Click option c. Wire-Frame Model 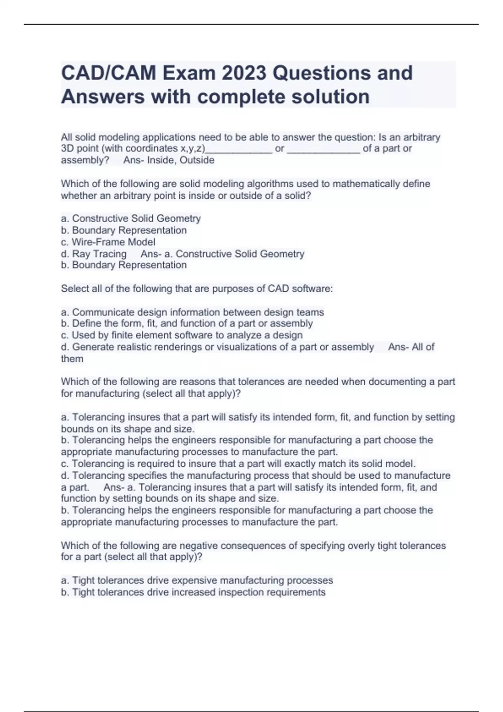[108, 242]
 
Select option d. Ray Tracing [94, 254]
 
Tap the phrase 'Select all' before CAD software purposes [82, 289]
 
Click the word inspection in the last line [240, 592]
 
